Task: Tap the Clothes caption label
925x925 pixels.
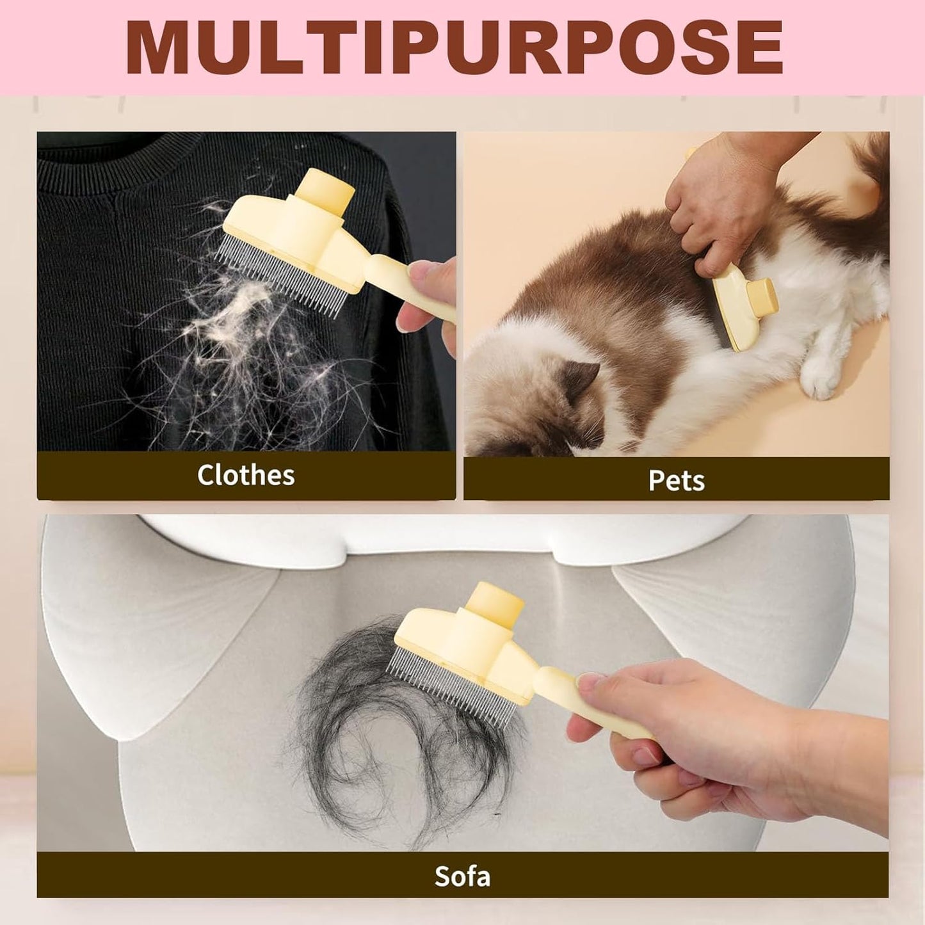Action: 246,475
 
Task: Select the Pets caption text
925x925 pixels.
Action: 677,480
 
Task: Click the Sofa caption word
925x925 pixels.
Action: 462,876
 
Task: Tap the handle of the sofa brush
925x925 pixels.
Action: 590,701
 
